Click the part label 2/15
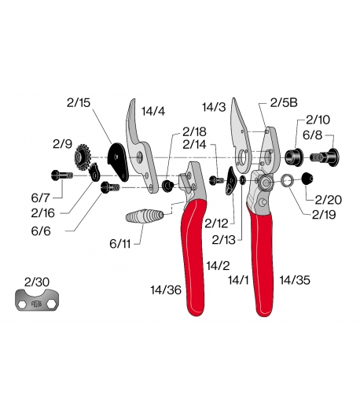(x=79, y=101)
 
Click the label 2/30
(x=36, y=282)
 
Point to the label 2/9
(x=63, y=144)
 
